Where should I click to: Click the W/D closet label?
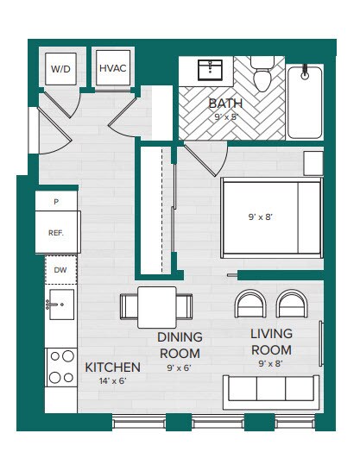point(60,68)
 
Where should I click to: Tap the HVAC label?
point(112,68)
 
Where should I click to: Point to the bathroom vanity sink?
point(211,68)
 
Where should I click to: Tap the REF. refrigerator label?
point(57,233)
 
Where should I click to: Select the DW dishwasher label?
point(60,270)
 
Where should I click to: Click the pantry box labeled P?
point(56,202)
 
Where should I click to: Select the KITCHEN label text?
point(112,367)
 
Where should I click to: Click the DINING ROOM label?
point(180,344)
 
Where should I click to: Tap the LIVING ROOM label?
point(271,342)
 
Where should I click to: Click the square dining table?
point(157,306)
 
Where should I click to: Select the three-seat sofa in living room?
point(271,391)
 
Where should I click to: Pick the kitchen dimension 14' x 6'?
point(112,381)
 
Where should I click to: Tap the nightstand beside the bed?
point(313,163)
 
